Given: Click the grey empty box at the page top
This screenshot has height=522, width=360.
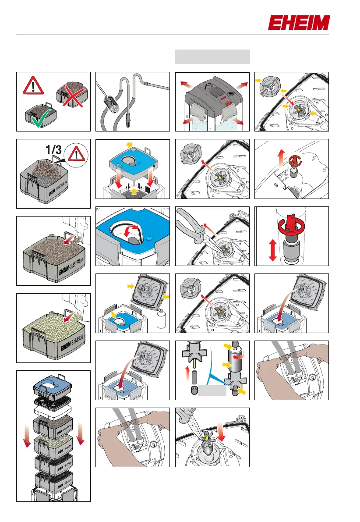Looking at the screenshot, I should coord(212,57).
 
